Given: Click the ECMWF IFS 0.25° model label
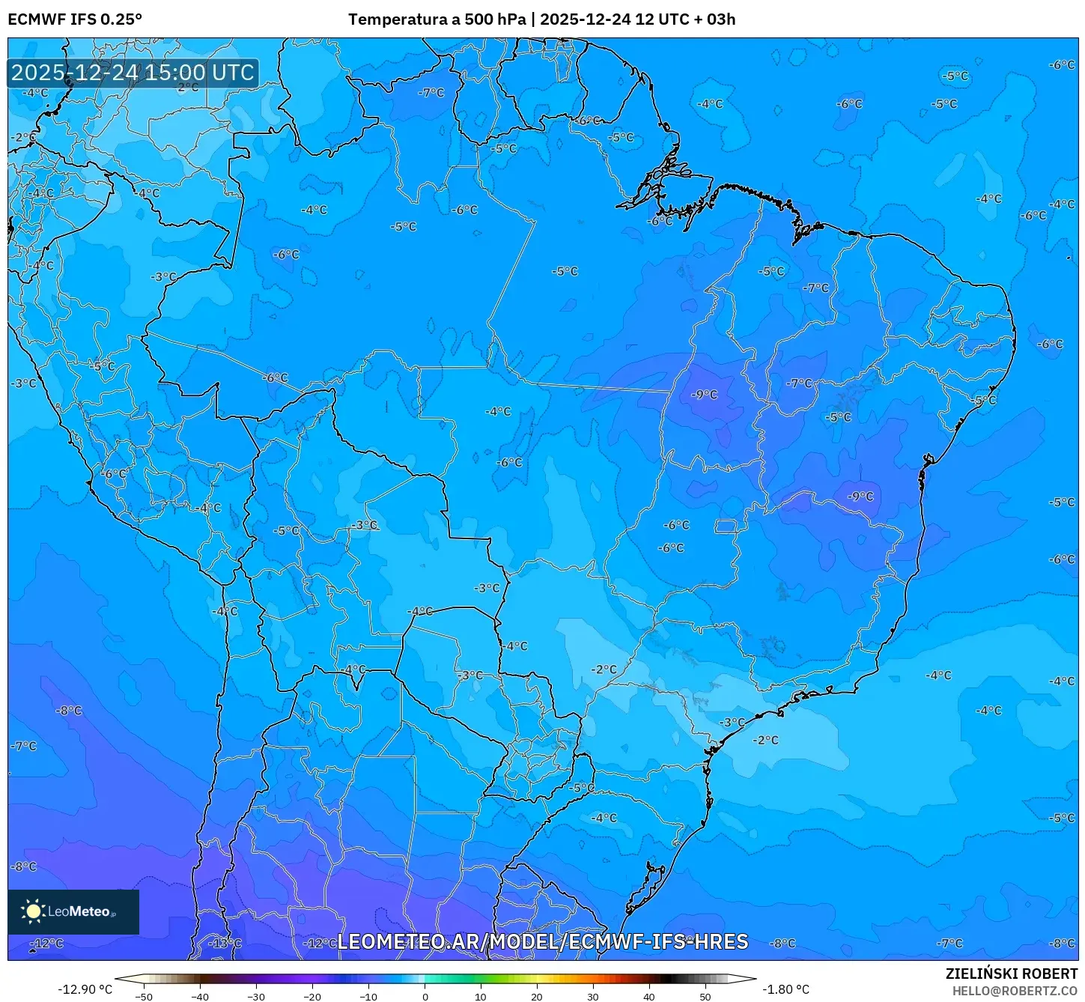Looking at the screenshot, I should (75, 19).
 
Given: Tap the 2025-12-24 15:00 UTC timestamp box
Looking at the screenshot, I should (133, 73).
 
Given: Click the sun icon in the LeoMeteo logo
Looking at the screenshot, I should (33, 911).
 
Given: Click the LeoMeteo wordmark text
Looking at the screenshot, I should (79, 911).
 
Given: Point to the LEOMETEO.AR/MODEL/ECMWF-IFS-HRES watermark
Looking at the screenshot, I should (542, 941).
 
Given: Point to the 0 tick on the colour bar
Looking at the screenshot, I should (425, 996).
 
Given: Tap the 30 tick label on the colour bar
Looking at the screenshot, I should (593, 996).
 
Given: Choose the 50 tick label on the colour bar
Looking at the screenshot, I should (705, 996).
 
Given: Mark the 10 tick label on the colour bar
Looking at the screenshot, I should (481, 996).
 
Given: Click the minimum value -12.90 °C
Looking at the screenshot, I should (85, 989).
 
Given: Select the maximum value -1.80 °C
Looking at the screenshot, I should (785, 989).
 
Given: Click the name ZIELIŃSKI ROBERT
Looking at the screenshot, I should (1011, 974).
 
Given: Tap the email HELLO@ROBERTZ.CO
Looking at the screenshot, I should (1015, 991).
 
